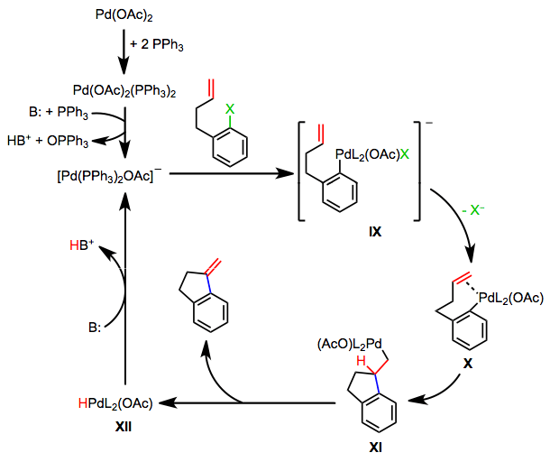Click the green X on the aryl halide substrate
tap(232, 108)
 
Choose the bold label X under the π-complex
tap(468, 358)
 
